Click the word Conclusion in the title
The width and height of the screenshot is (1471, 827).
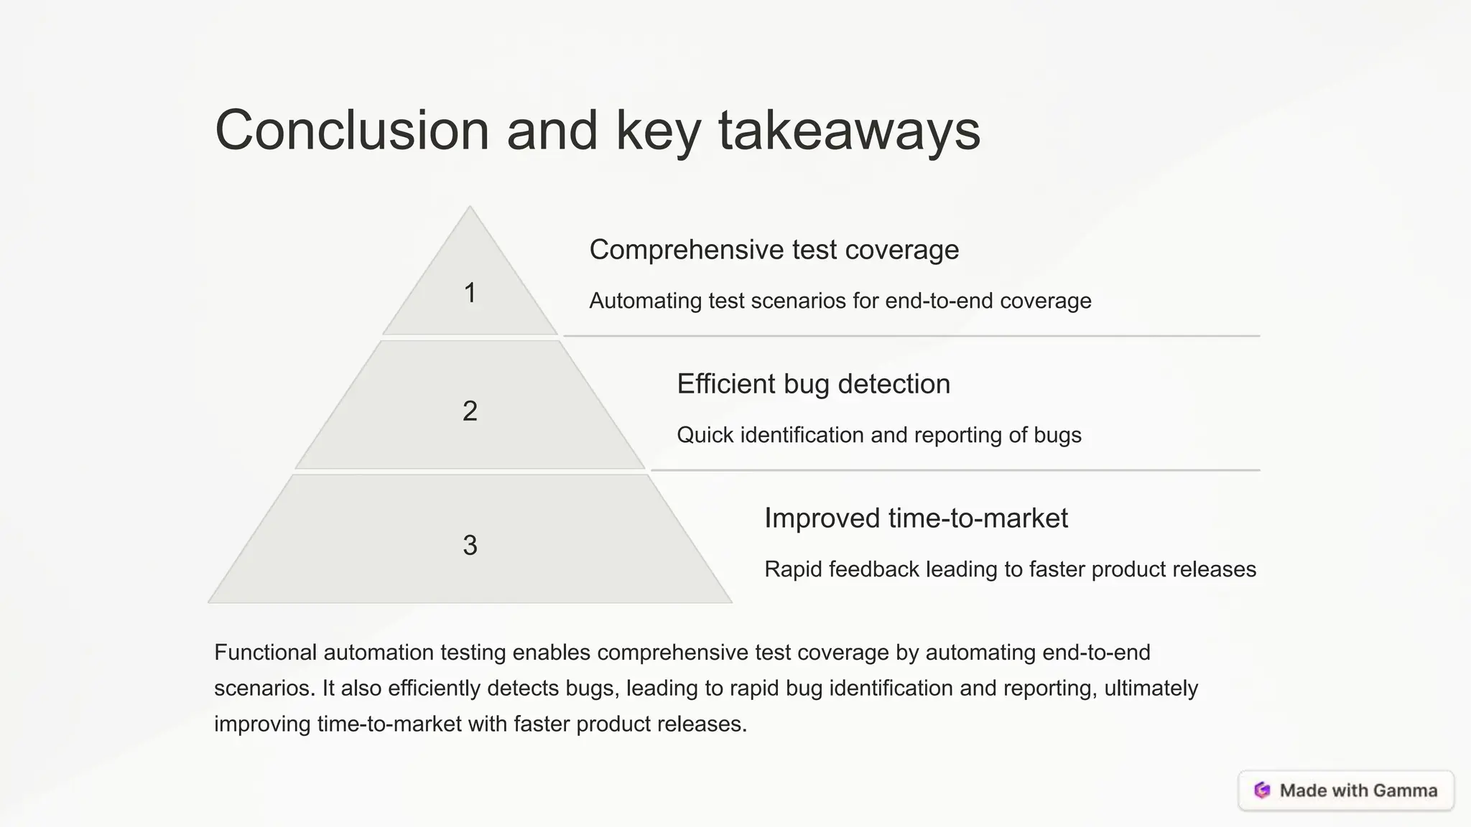352,131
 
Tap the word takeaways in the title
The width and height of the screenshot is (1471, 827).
849,131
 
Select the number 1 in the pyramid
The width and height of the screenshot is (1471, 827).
470,293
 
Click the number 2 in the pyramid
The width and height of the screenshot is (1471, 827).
470,411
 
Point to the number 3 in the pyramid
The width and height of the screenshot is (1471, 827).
470,546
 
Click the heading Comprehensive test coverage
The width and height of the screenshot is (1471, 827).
774,250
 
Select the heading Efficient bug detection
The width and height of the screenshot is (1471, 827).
813,384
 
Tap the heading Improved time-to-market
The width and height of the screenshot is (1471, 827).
916,518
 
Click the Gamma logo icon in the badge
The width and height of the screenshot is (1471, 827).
1262,790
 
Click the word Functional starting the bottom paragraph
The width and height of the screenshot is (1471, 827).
265,653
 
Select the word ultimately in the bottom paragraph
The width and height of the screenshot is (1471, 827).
1151,688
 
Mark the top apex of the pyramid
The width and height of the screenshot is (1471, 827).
470,208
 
